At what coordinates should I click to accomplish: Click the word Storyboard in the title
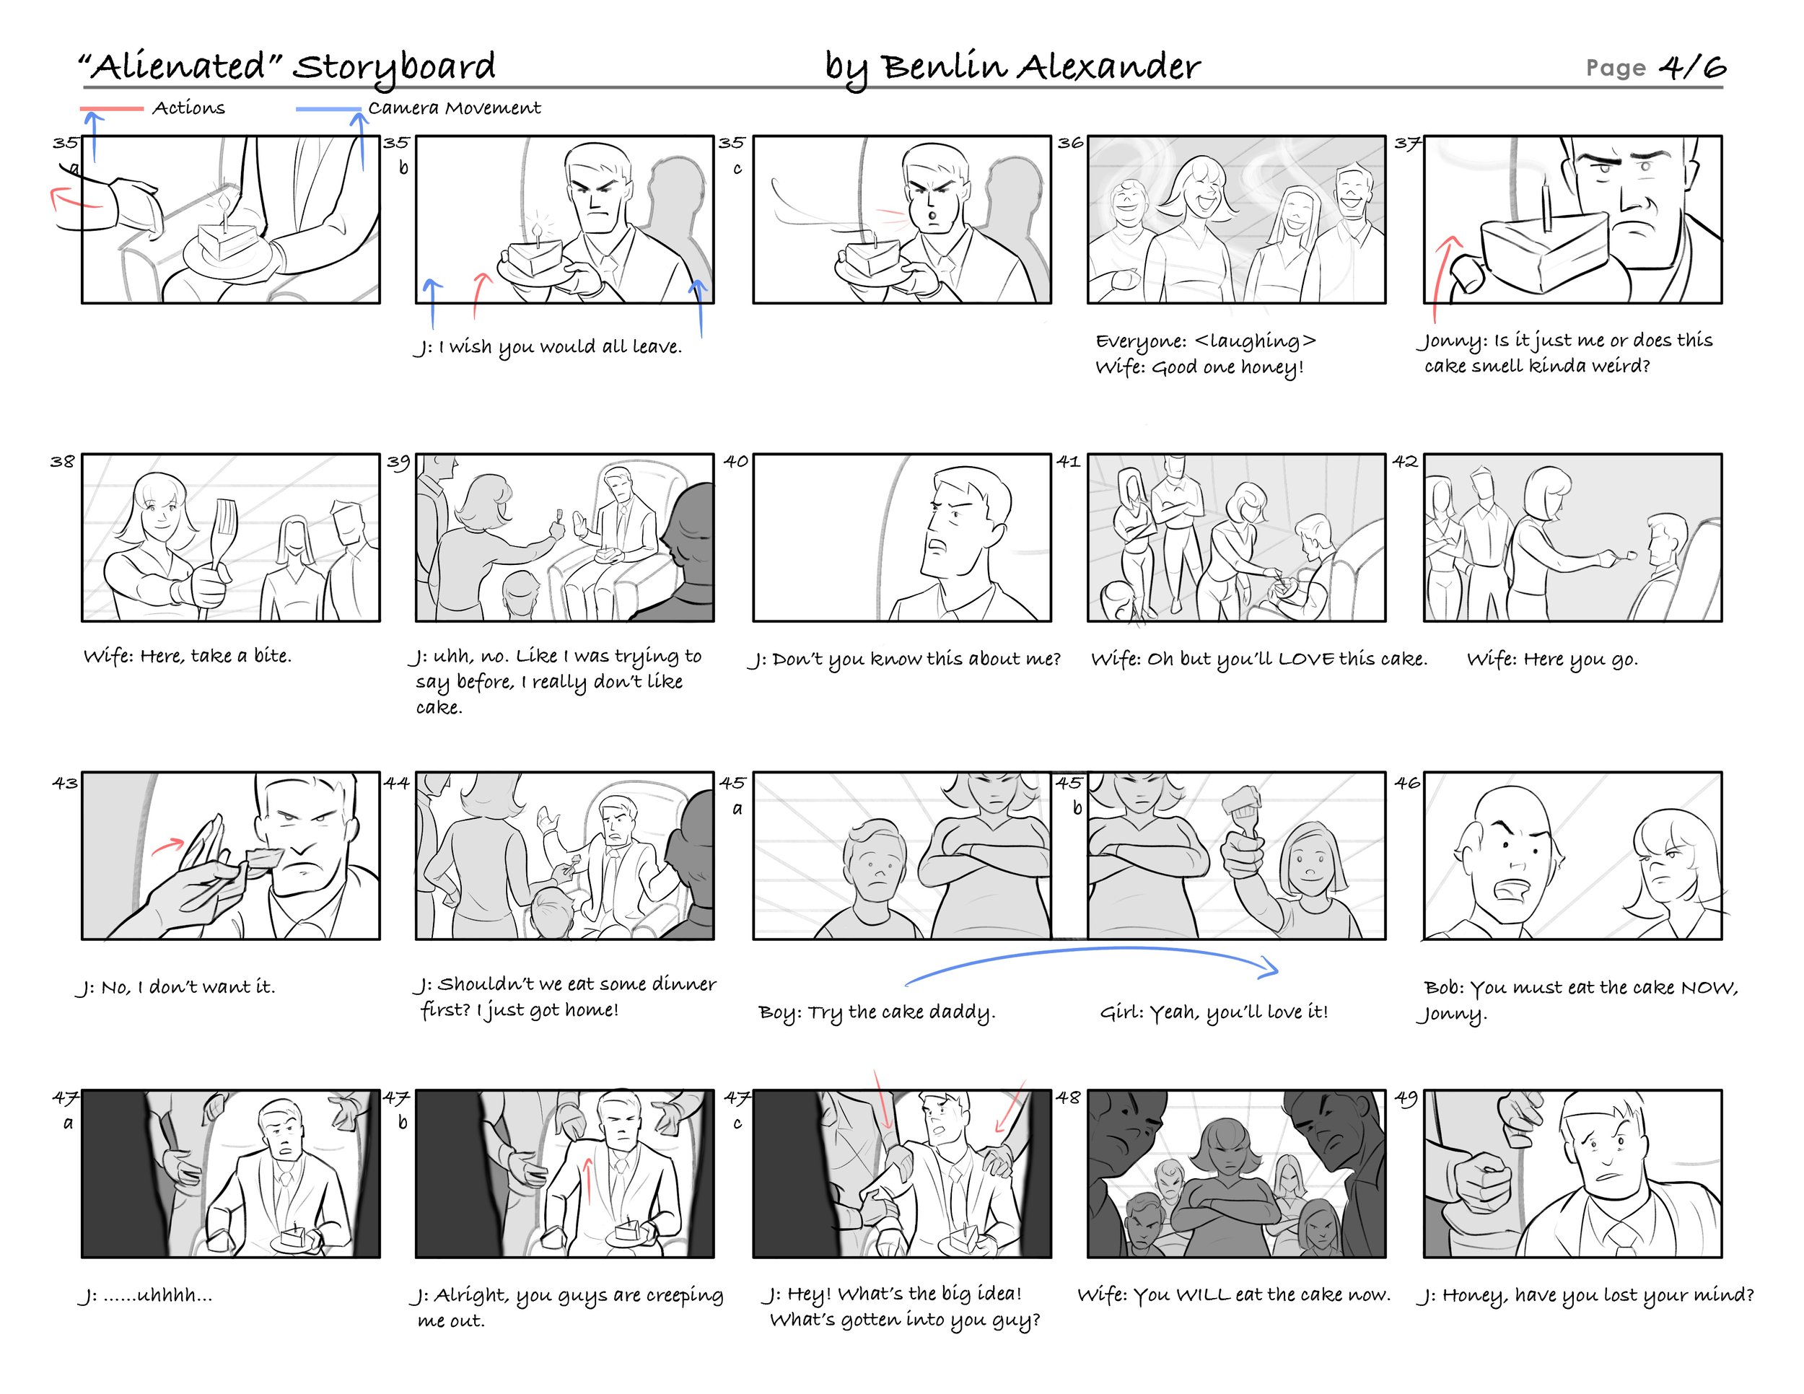coord(394,67)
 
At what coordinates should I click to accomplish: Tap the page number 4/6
coord(1692,66)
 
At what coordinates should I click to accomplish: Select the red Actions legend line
coord(112,108)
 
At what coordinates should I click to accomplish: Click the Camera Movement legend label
coord(455,108)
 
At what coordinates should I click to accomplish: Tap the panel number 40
coord(735,461)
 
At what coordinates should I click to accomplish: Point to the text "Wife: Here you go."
coord(1552,659)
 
